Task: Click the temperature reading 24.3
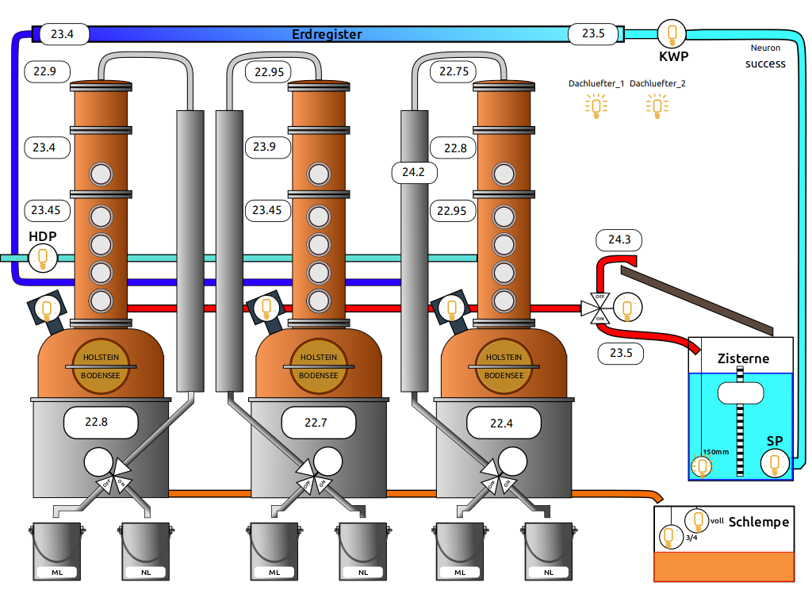(x=619, y=239)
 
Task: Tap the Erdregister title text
(x=327, y=34)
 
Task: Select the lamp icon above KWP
(x=673, y=33)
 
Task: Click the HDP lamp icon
(x=43, y=257)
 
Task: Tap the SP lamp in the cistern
(x=774, y=463)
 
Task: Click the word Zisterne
(x=743, y=358)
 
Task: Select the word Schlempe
(x=758, y=521)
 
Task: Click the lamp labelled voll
(x=698, y=520)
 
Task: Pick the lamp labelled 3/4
(x=671, y=537)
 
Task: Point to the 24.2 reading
(x=415, y=171)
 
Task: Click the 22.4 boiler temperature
(x=501, y=423)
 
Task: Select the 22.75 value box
(x=453, y=71)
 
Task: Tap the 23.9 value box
(x=264, y=147)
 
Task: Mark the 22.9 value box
(x=46, y=71)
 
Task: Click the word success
(x=765, y=63)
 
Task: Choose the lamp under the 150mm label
(x=703, y=466)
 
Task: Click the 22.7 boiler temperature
(x=316, y=423)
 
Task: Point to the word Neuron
(x=765, y=48)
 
